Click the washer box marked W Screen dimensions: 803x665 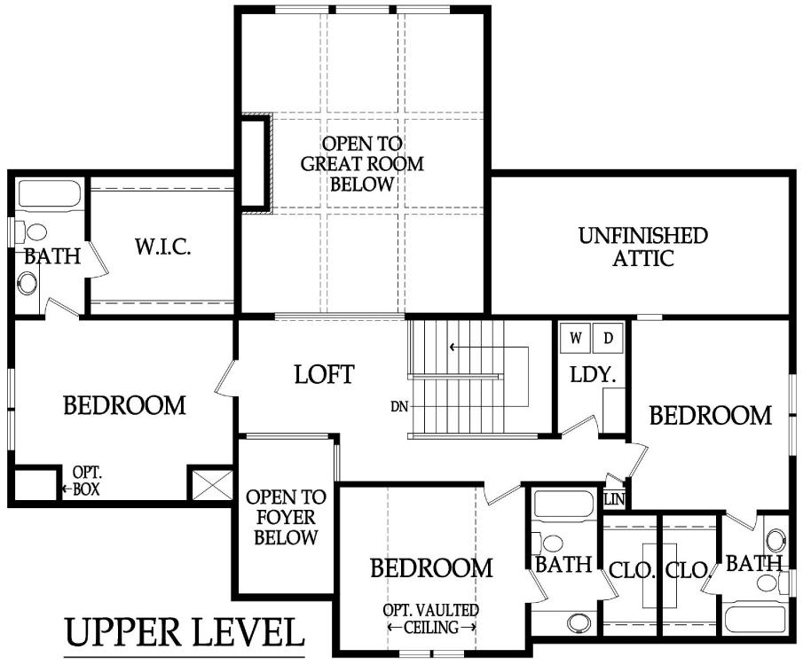[x=575, y=338]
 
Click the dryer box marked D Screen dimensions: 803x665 [x=608, y=338]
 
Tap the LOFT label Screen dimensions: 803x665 [x=324, y=375]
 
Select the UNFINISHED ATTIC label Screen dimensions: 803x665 [x=643, y=246]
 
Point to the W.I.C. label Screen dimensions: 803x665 [x=163, y=246]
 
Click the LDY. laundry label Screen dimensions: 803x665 [x=593, y=375]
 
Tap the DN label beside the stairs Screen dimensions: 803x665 [x=399, y=407]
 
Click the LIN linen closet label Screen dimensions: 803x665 [x=615, y=500]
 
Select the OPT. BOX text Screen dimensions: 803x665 [x=86, y=481]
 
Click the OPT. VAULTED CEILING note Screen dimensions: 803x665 [x=431, y=619]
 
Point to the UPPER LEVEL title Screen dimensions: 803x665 [x=185, y=633]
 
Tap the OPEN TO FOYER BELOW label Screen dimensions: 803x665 [x=286, y=517]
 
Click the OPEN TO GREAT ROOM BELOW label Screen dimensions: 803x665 [x=362, y=164]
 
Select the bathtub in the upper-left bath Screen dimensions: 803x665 [x=49, y=193]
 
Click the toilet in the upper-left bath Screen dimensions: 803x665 [x=31, y=232]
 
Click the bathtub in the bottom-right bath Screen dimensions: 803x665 [x=754, y=620]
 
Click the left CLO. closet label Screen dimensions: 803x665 [x=632, y=570]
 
